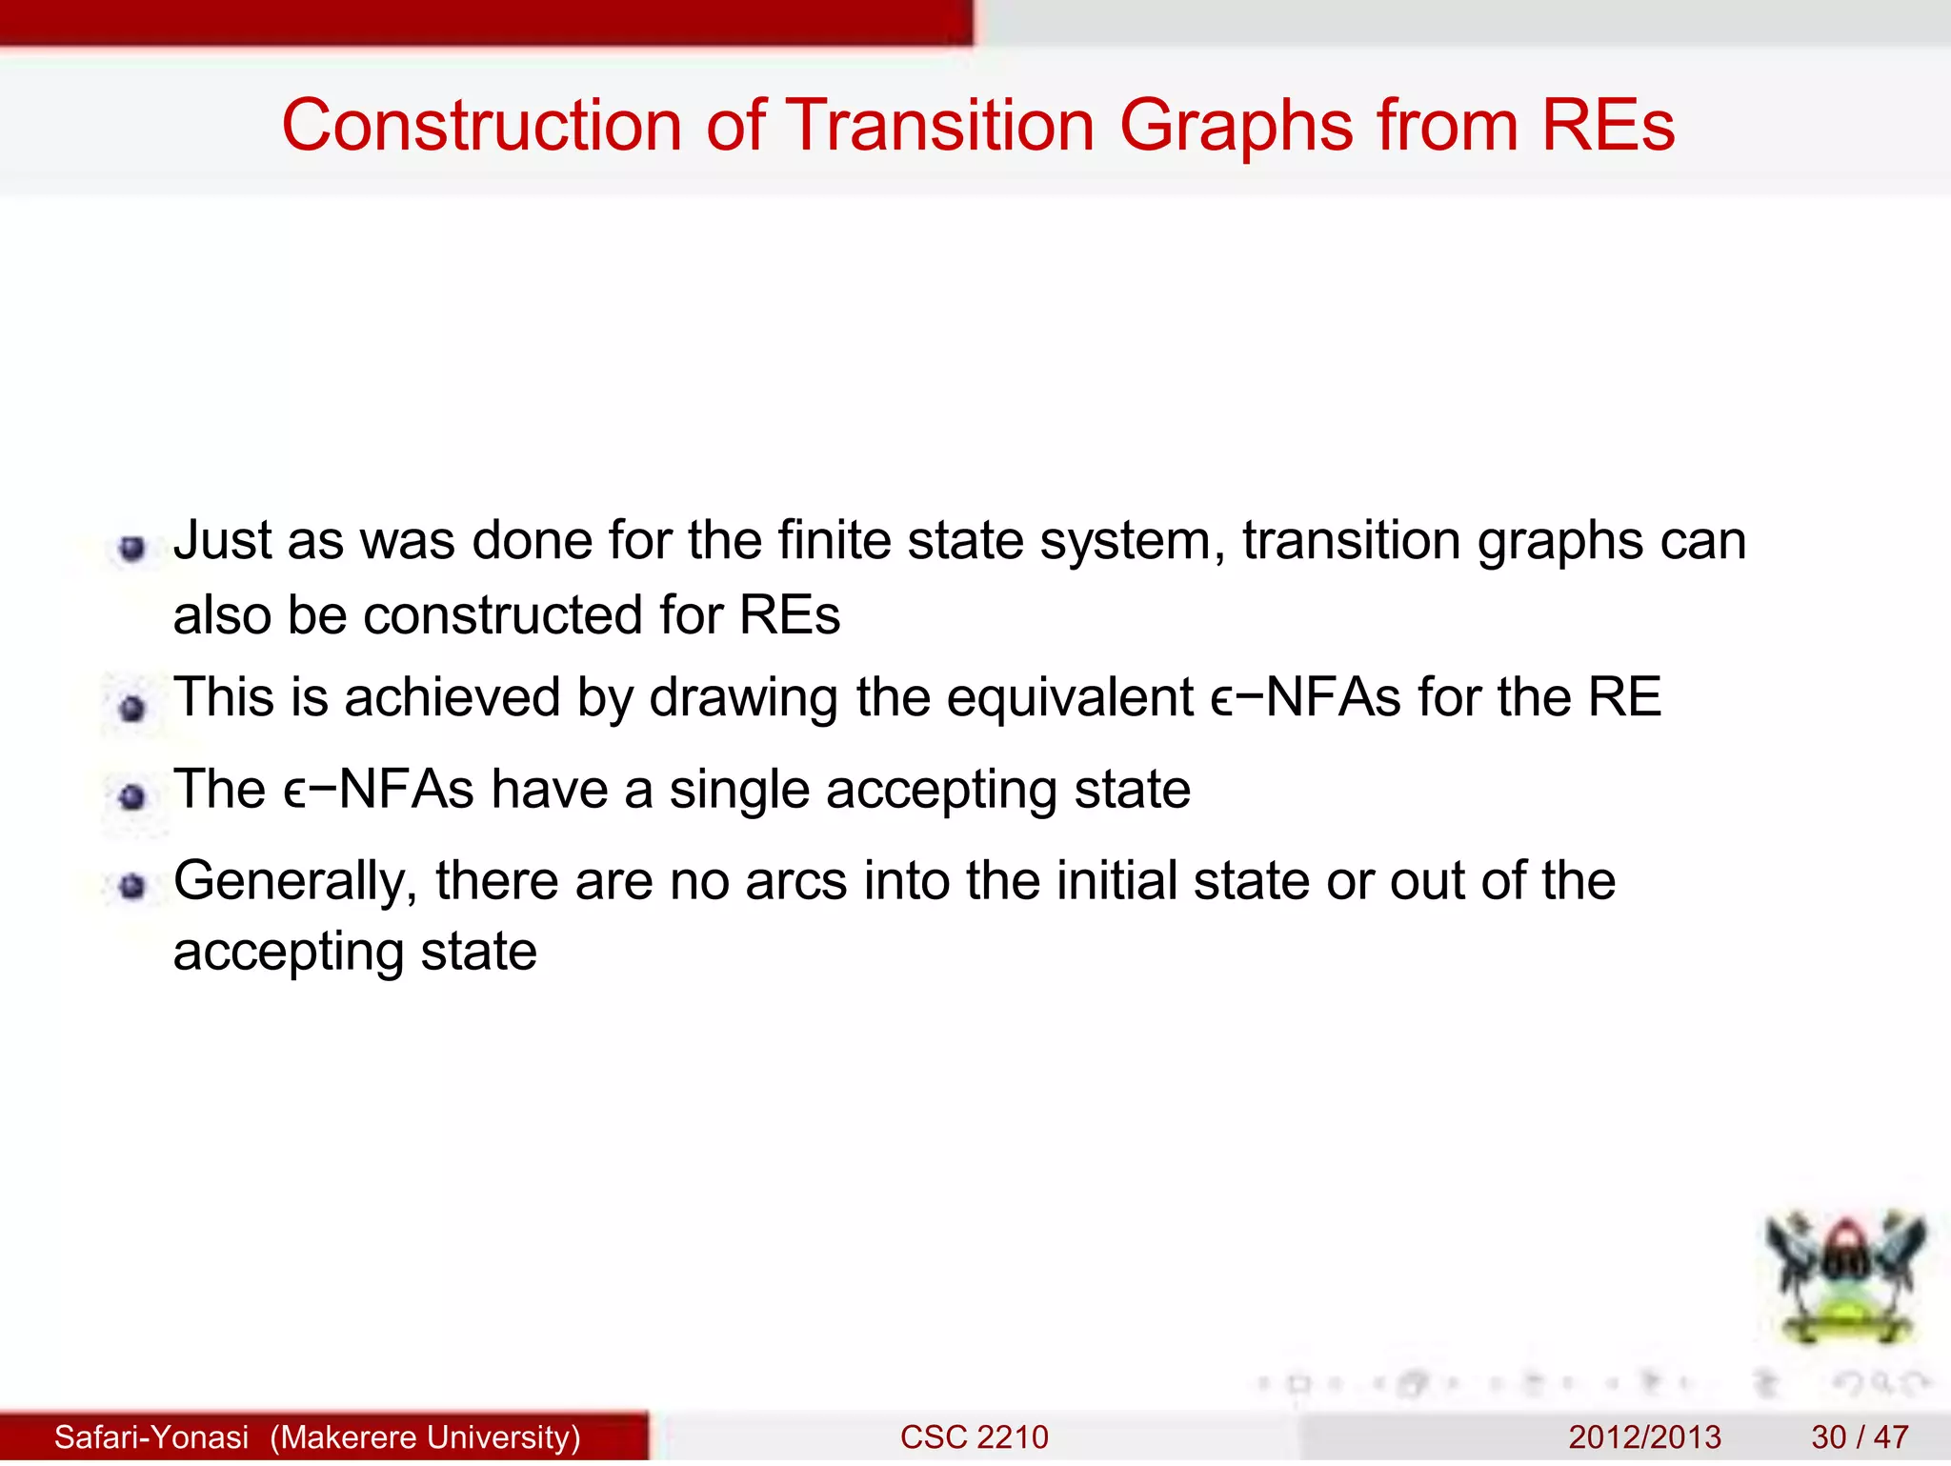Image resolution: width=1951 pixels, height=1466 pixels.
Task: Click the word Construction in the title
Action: coord(481,126)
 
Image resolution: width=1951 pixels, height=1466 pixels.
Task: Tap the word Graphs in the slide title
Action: coord(1236,126)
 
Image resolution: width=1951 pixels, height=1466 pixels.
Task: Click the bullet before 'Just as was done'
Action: coord(132,548)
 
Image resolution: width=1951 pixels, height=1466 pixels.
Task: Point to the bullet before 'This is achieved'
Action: coord(132,708)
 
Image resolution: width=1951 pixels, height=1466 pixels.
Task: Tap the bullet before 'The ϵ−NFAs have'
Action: coord(132,796)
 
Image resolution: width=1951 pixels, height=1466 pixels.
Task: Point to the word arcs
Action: coord(795,882)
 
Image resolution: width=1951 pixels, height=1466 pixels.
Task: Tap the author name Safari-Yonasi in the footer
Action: coord(151,1436)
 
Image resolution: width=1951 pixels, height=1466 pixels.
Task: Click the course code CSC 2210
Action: coord(974,1436)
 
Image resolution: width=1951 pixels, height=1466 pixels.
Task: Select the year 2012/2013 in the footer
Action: coord(1644,1436)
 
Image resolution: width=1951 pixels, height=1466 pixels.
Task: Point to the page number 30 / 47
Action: coord(1860,1436)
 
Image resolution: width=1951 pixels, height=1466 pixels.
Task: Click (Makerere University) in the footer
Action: coord(425,1436)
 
